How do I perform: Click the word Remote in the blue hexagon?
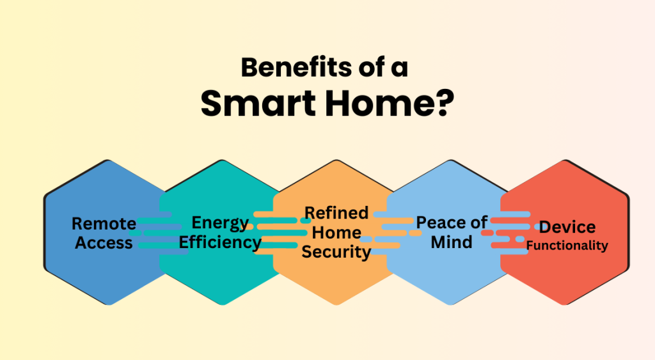104,224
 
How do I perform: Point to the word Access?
104,243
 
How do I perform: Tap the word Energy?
220,223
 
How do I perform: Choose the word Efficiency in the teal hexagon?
220,243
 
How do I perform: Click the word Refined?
336,213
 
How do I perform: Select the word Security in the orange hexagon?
336,252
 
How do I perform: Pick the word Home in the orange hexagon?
336,232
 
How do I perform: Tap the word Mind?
452,242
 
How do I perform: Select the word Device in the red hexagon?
567,227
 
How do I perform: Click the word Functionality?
567,246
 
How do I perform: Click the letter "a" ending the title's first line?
400,68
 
